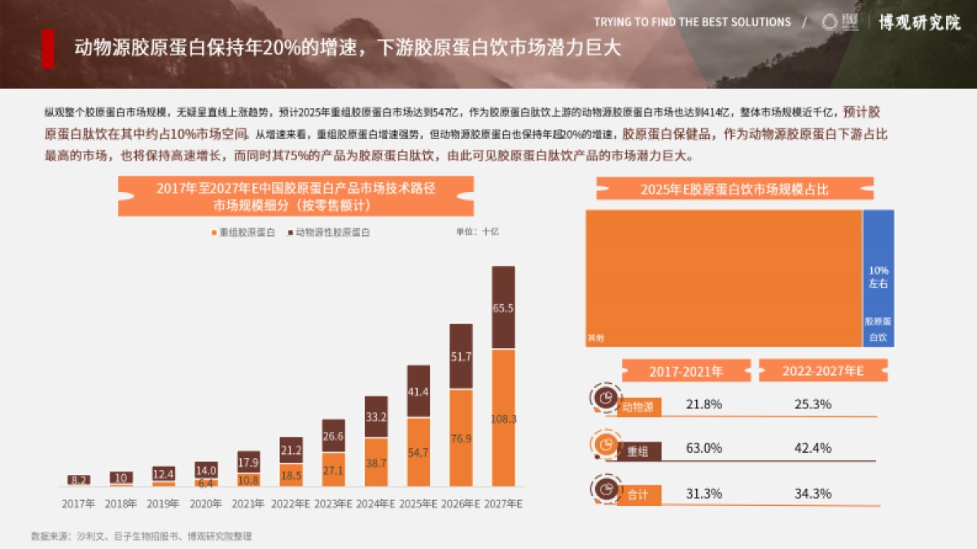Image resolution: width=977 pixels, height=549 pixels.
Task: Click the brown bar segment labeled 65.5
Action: (503, 307)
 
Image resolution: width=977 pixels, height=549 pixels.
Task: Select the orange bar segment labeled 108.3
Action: (503, 418)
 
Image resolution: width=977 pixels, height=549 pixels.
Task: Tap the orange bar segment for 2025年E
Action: (418, 452)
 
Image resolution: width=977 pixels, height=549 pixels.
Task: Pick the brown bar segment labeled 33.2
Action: (376, 417)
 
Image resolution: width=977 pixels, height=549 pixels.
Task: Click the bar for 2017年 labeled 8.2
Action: (79, 480)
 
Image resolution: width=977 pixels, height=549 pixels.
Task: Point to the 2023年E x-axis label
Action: (334, 504)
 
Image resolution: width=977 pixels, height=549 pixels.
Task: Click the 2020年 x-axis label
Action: (206, 504)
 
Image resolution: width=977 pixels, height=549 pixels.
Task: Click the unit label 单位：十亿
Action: (477, 232)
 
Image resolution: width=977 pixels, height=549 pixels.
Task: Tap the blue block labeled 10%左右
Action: (878, 277)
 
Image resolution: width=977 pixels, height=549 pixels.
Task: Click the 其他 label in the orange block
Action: (595, 337)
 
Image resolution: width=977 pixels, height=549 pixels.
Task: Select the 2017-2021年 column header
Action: (686, 371)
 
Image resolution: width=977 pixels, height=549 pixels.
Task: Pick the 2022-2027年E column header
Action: (822, 371)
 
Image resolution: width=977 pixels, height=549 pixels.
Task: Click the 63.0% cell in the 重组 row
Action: (703, 448)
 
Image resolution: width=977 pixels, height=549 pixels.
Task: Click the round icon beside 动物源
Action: (605, 398)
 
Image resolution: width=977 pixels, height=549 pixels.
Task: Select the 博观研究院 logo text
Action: (919, 22)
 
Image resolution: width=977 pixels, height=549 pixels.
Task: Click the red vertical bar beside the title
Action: (48, 49)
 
